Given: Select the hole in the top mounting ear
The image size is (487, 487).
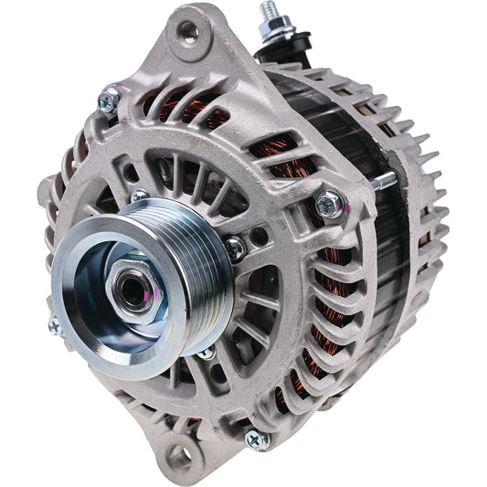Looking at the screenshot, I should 188,33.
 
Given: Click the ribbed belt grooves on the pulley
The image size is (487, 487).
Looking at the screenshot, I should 196,260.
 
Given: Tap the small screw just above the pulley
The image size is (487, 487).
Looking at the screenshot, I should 138,196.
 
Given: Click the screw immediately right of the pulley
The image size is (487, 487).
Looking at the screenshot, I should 236,244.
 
